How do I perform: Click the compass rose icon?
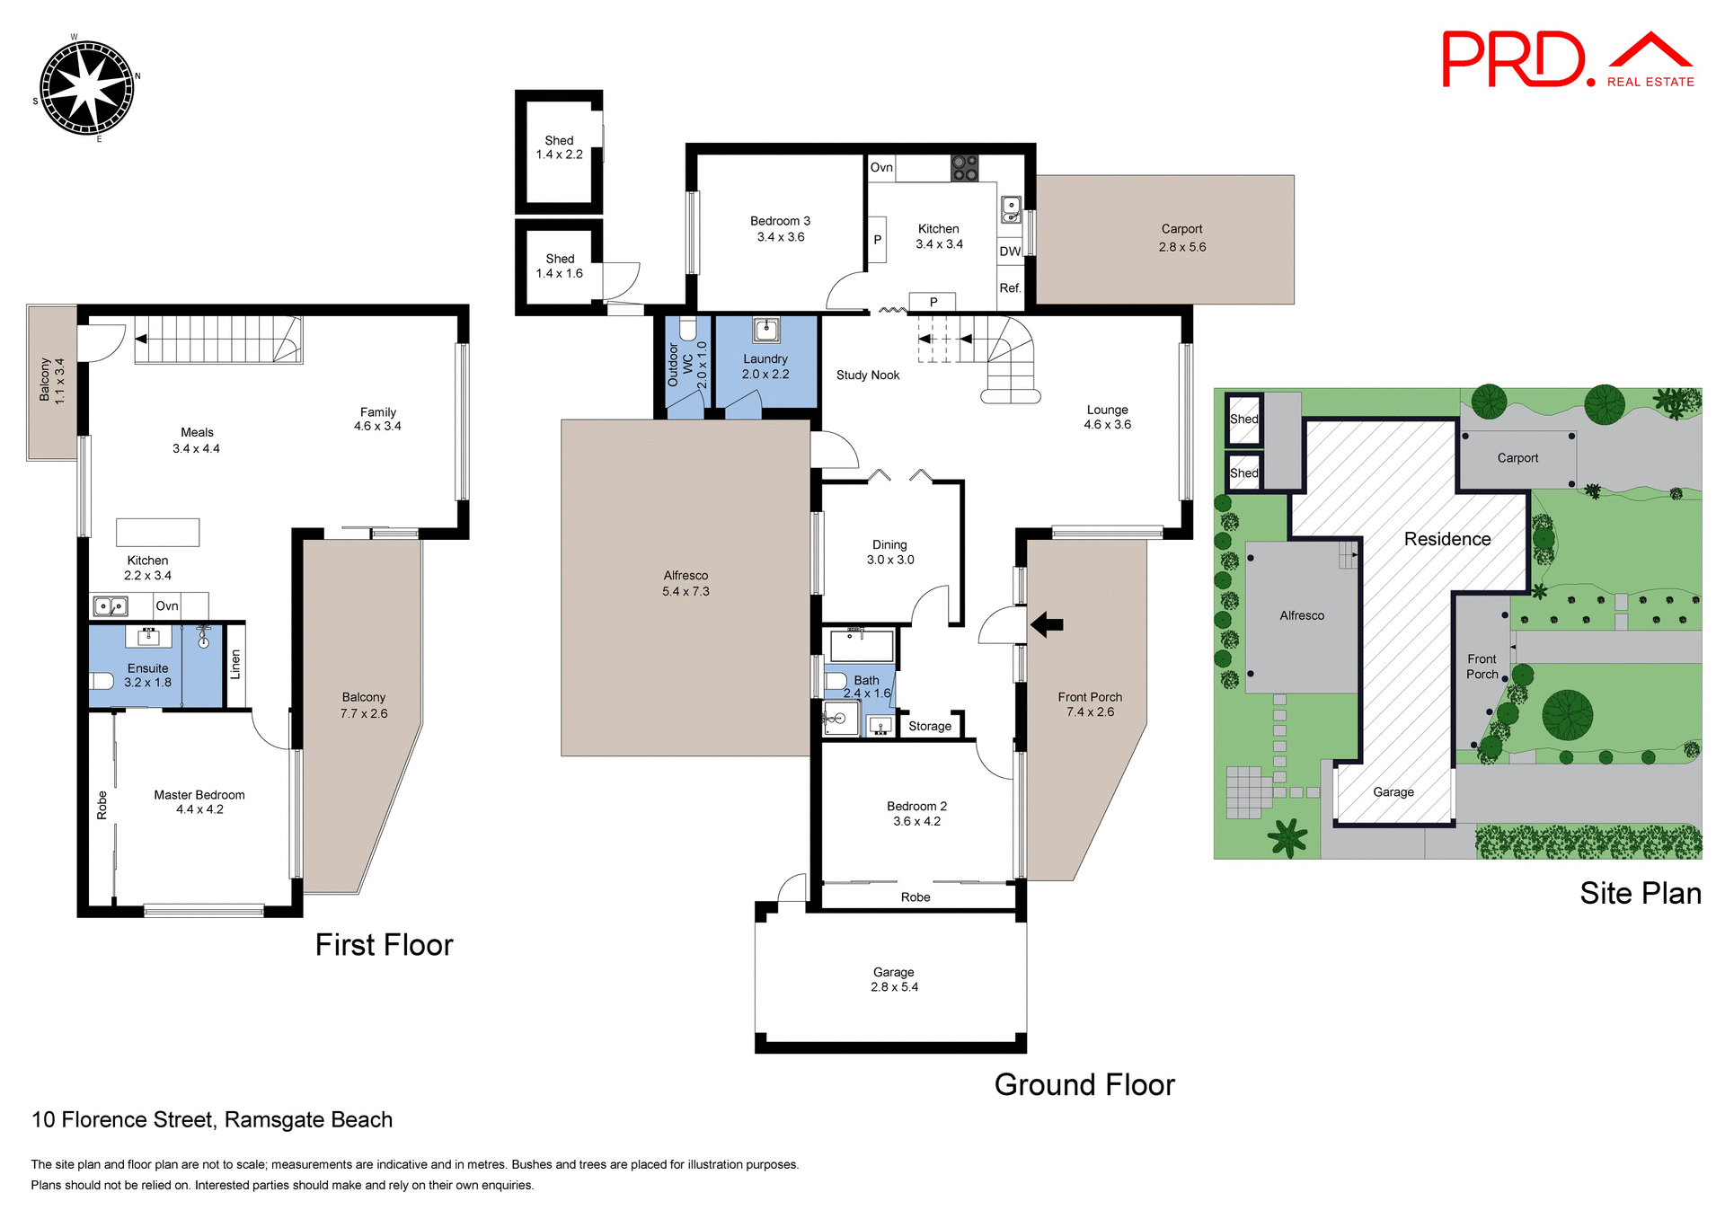(x=87, y=88)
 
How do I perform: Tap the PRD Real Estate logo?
(x=1567, y=60)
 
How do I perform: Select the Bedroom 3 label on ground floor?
(x=780, y=229)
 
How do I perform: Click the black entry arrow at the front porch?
(x=1047, y=624)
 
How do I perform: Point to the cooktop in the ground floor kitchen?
(x=964, y=168)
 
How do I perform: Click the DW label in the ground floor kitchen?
(x=1010, y=252)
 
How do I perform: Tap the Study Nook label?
(x=867, y=375)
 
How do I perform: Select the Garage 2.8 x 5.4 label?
(x=893, y=979)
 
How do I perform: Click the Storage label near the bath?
(x=929, y=726)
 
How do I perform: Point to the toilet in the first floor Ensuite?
(x=102, y=680)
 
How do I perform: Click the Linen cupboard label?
(x=235, y=664)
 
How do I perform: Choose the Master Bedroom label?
(x=199, y=801)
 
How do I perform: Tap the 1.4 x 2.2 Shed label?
(x=559, y=147)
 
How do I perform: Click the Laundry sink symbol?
(x=765, y=330)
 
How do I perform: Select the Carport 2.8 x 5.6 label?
(x=1181, y=237)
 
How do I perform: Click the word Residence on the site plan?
(x=1446, y=539)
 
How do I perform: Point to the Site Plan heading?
(x=1640, y=893)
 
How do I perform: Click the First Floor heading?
(x=384, y=945)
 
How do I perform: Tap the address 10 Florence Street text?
(x=212, y=1119)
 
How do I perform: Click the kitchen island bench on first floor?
(x=157, y=532)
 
